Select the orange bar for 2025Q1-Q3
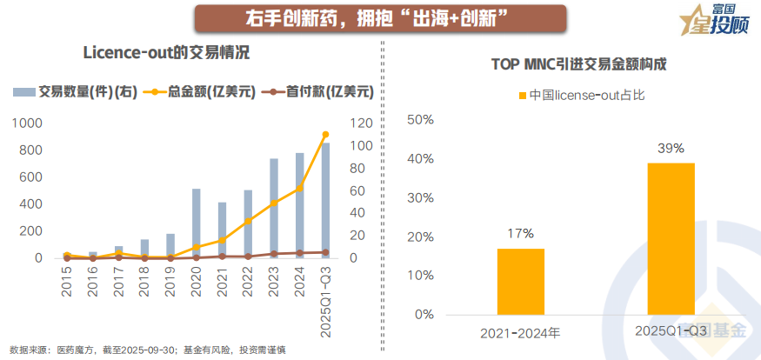pyautogui.click(x=670, y=238)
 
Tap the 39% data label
pyautogui.click(x=671, y=148)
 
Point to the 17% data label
pyautogui.click(x=521, y=233)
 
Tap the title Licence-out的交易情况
pyautogui.click(x=166, y=53)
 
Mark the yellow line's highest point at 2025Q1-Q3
pyautogui.click(x=325, y=134)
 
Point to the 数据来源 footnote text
pyautogui.click(x=148, y=350)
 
